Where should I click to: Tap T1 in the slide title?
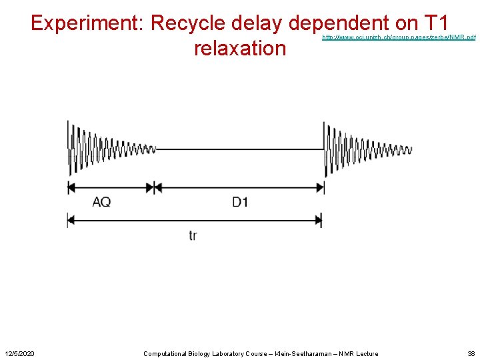pos(441,23)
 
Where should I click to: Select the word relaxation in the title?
pos(239,48)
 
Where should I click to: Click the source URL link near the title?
pos(399,38)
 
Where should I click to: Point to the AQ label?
pos(102,201)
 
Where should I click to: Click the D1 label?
pos(240,201)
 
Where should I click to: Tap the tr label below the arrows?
pos(193,235)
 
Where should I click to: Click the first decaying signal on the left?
pos(107,149)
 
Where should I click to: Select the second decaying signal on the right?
pos(363,149)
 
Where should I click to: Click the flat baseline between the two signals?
pos(240,149)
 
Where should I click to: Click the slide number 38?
pos(471,353)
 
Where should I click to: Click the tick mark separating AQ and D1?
pos(154,188)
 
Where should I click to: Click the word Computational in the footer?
pos(166,353)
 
